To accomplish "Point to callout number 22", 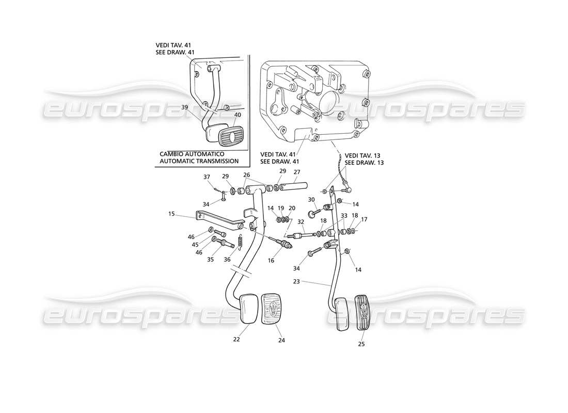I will point(237,339).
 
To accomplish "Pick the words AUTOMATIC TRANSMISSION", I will point(199,161).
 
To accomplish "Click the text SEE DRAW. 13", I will point(364,163).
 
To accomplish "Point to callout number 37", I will point(207,177).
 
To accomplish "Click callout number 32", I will point(300,222).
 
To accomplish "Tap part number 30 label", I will point(311,200).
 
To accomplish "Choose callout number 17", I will point(364,219).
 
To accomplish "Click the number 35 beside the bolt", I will point(211,260).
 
